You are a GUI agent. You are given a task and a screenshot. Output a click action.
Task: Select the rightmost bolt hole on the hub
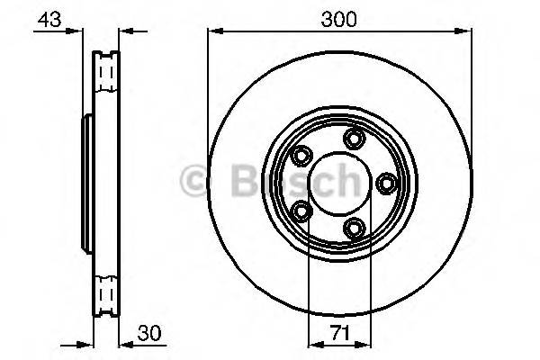click(388, 184)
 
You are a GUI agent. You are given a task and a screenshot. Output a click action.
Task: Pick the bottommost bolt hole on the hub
click(355, 228)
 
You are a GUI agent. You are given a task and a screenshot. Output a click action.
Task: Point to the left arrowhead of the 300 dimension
click(213, 31)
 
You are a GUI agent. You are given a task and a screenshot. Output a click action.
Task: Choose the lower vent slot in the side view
click(107, 293)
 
